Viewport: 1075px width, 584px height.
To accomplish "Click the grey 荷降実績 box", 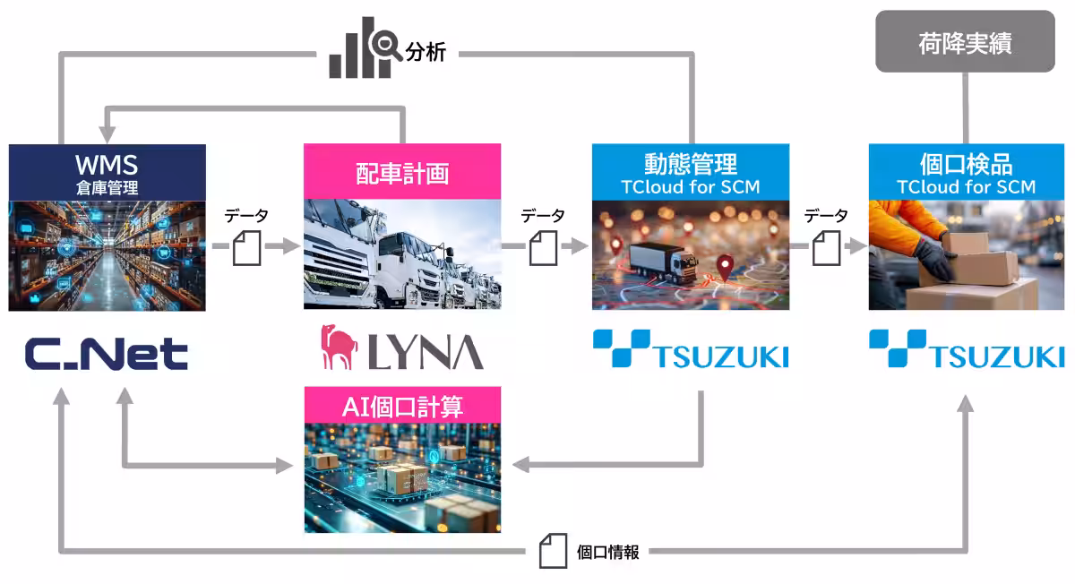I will click(x=965, y=41).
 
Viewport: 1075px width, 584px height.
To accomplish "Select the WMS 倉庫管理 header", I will click(x=107, y=173).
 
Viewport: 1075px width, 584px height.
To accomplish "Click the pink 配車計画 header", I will click(x=402, y=173).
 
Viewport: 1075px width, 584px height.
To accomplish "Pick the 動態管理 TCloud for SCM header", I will click(x=691, y=173).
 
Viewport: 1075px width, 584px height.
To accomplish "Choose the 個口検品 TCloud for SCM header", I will click(x=966, y=173).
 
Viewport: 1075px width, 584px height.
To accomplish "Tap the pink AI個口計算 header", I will click(x=402, y=407).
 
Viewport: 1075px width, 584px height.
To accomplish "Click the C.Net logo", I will click(x=106, y=353).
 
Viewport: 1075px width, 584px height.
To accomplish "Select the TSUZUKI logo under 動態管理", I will click(x=691, y=349).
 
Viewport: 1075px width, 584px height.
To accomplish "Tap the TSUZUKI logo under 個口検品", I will click(x=967, y=349).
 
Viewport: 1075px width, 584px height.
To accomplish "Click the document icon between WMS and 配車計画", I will click(x=246, y=248).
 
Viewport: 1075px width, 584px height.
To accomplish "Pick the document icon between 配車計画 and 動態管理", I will click(x=543, y=248).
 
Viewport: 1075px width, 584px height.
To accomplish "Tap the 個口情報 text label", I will click(x=607, y=553).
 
